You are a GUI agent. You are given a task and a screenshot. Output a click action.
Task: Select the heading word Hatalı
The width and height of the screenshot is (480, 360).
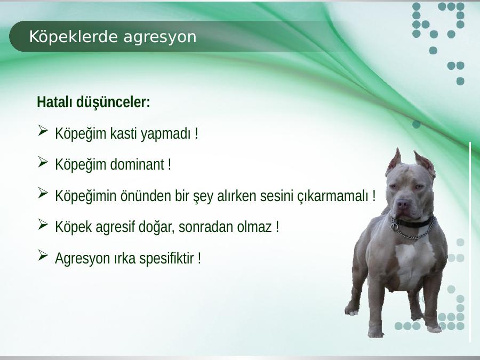(55, 102)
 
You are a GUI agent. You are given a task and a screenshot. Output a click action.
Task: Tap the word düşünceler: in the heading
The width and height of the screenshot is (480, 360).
(113, 102)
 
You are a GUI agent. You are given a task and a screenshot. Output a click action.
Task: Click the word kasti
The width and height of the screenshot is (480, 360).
(124, 133)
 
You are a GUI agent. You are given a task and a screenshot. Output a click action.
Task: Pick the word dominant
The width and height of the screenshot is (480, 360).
(137, 164)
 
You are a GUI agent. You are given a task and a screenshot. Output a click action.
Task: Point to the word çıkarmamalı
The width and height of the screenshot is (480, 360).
(333, 196)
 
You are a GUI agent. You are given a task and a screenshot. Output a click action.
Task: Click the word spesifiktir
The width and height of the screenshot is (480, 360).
(166, 258)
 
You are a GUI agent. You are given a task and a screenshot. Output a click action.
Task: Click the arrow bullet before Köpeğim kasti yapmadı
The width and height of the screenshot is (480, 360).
(43, 131)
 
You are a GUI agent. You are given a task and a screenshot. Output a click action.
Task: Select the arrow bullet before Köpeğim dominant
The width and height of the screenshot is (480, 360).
(43, 162)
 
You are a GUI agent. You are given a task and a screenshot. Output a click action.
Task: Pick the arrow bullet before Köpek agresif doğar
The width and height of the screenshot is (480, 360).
(43, 224)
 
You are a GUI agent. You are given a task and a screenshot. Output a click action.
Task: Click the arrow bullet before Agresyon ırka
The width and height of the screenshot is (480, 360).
(43, 255)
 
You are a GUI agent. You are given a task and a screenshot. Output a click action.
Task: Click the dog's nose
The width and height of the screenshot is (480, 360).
(402, 204)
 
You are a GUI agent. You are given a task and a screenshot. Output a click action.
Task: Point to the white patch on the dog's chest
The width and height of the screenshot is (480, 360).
(415, 263)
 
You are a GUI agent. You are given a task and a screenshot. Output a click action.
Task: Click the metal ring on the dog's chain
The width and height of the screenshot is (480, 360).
(395, 227)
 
